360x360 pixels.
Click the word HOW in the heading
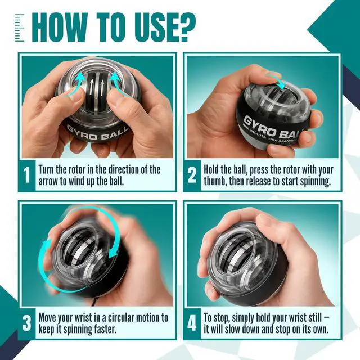[60, 28]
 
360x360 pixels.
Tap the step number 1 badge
[27, 175]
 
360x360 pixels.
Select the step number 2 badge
[192, 175]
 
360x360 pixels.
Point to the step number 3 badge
[27, 323]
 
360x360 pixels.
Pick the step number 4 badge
[192, 323]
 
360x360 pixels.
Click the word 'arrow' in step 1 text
[48, 182]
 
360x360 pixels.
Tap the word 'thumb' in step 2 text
[215, 181]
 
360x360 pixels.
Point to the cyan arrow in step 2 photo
[276, 81]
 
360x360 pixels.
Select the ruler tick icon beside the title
[20, 28]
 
